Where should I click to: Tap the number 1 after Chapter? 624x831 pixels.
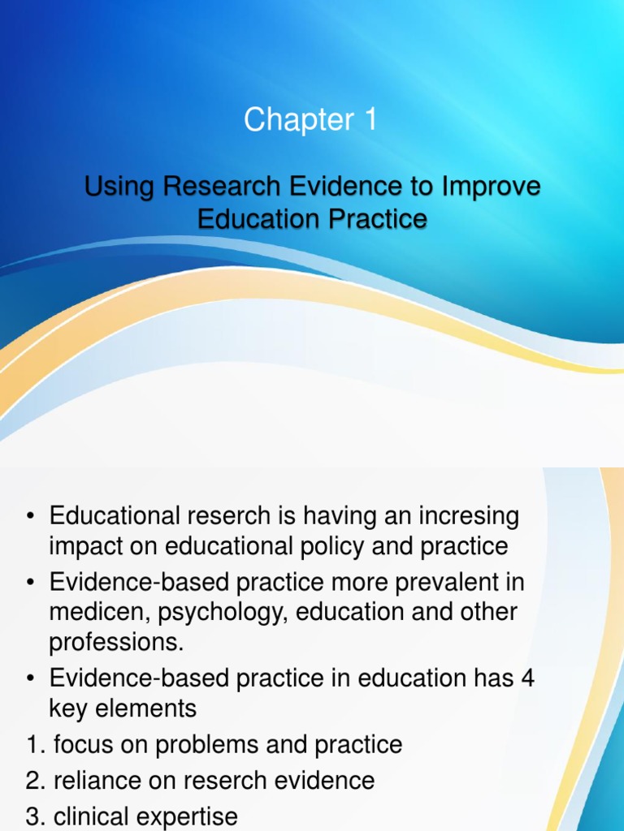click(370, 120)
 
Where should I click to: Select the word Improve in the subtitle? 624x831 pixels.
click(491, 187)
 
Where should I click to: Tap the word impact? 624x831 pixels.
click(89, 546)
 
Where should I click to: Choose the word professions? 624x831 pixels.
click(116, 642)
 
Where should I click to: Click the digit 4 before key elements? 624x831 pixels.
click(527, 678)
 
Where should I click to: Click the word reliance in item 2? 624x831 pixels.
click(99, 781)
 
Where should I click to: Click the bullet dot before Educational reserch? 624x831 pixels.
click(31, 516)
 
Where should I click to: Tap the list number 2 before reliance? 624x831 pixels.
click(32, 781)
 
